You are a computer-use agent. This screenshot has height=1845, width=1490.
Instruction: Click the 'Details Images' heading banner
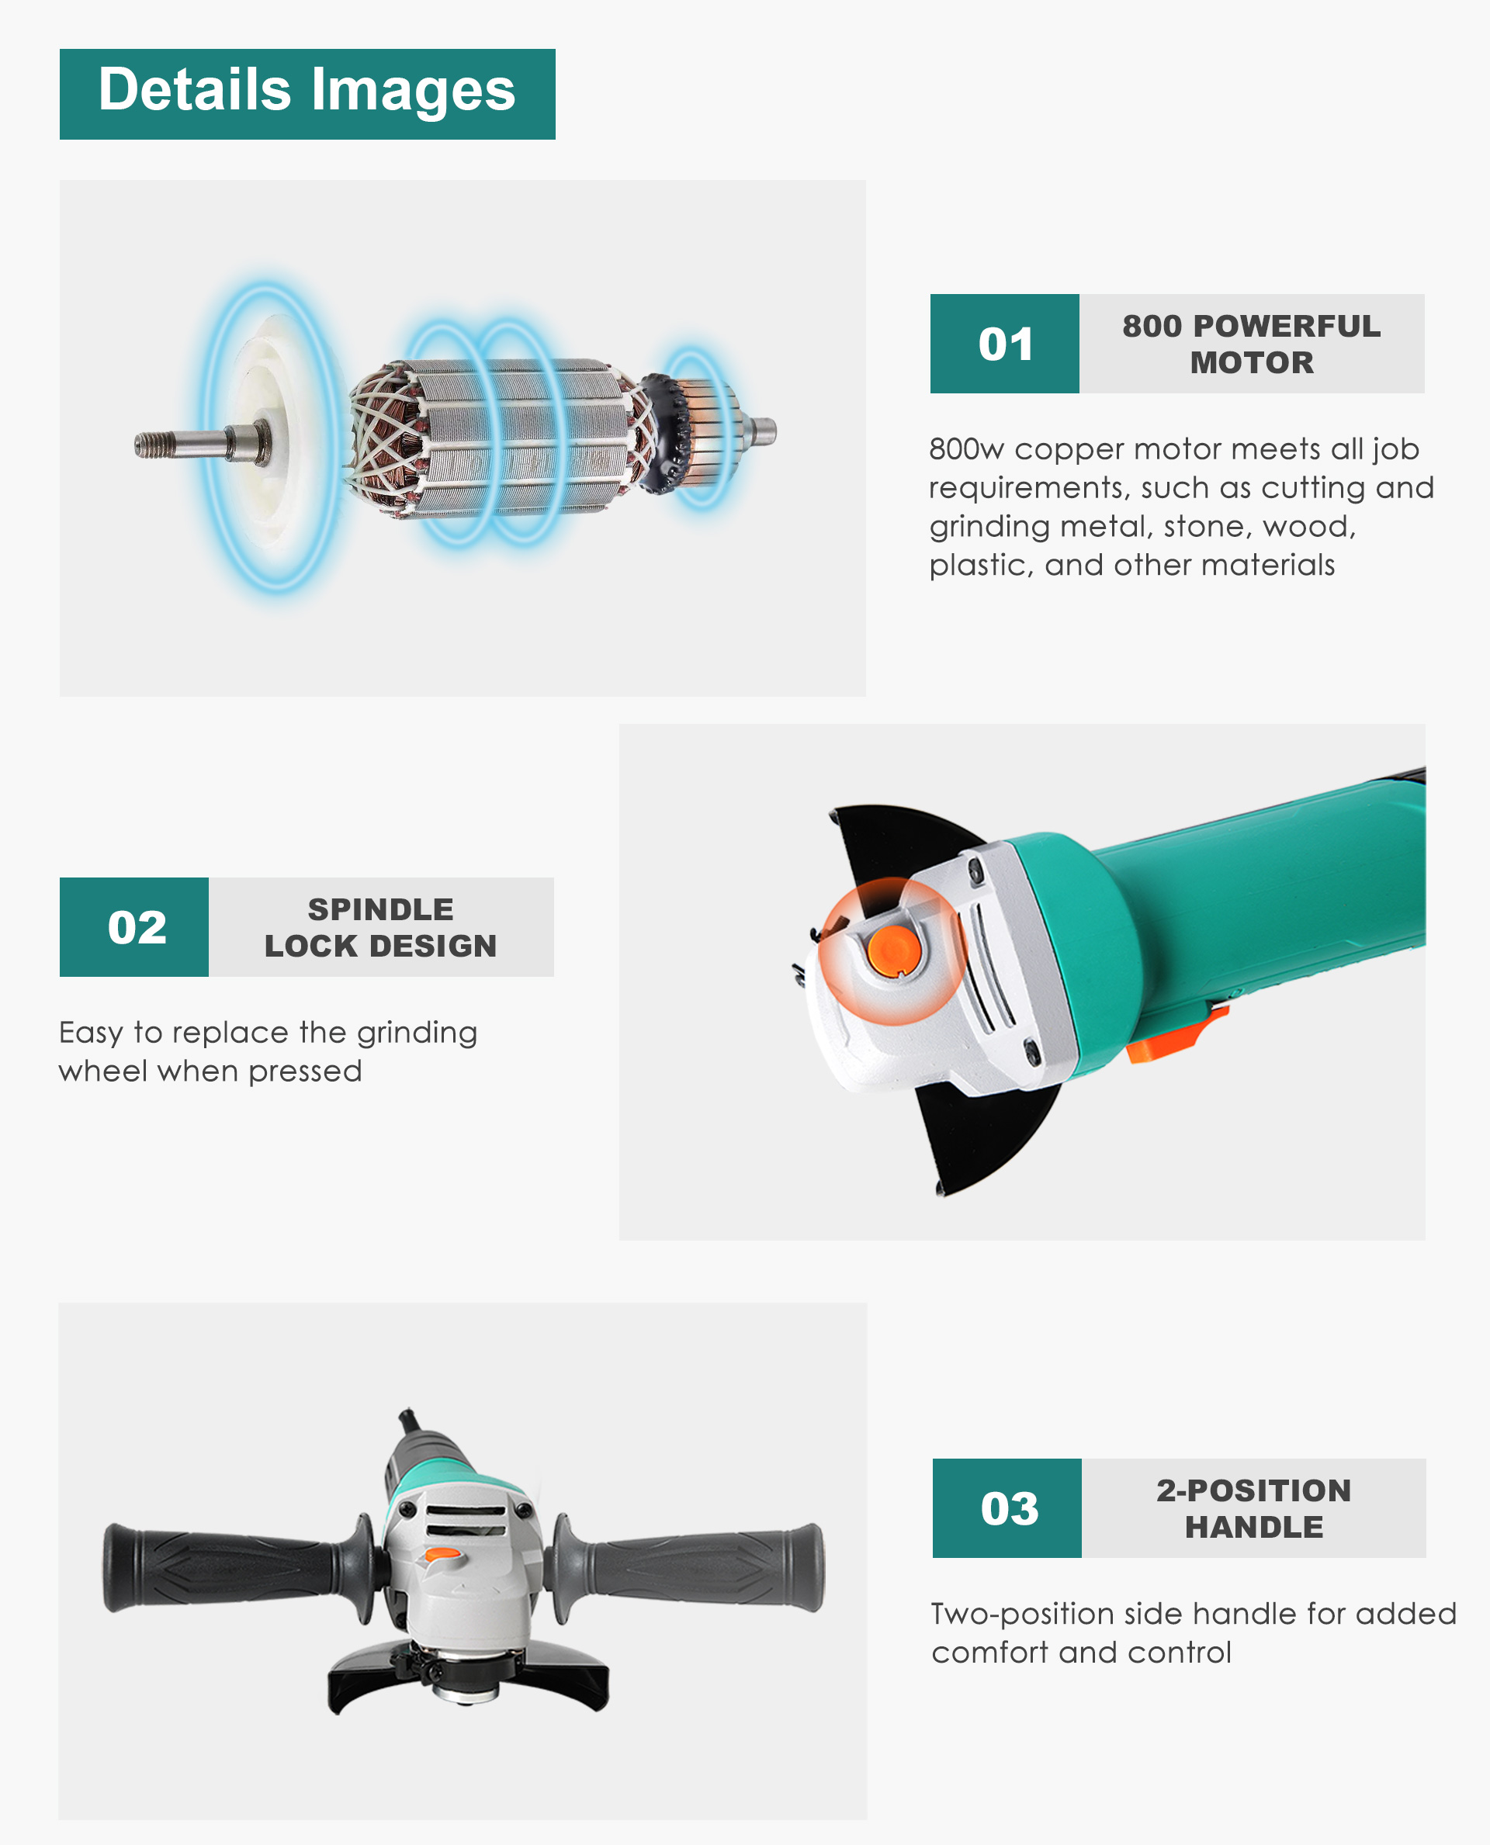pyautogui.click(x=307, y=94)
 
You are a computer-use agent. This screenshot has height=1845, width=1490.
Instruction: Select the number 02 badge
pyautogui.click(x=134, y=927)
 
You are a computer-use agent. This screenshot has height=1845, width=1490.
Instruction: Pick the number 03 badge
pyautogui.click(x=1007, y=1507)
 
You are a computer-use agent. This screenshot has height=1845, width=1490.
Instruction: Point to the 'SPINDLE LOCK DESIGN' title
pyautogui.click(x=380, y=928)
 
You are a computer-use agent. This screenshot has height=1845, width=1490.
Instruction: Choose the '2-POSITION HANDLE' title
pyautogui.click(x=1254, y=1508)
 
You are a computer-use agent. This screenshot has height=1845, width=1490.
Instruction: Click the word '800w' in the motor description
pyautogui.click(x=965, y=448)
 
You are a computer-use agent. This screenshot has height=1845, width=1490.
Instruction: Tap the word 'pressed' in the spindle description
pyautogui.click(x=305, y=1071)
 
